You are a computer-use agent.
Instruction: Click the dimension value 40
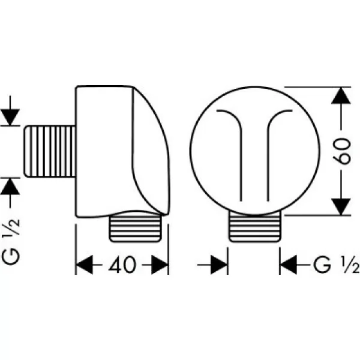[x=122, y=265]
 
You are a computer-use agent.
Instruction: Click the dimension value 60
[x=342, y=151]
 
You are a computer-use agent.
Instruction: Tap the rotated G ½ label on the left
[x=11, y=242]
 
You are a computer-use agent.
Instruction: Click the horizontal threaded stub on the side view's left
[x=50, y=152]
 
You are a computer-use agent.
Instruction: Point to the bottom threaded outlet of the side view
[x=136, y=229]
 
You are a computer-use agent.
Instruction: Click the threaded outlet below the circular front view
[x=254, y=226]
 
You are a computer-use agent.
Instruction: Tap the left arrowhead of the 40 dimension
[x=84, y=265]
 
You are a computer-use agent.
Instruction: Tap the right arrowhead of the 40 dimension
[x=160, y=265]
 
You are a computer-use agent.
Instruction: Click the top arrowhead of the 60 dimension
[x=341, y=96]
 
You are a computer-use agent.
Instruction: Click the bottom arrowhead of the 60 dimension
[x=341, y=206]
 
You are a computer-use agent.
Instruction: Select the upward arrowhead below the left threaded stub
[x=10, y=187]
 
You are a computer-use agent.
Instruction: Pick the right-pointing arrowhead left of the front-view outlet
[x=219, y=265]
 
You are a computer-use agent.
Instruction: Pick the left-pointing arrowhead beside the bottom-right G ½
[x=289, y=265]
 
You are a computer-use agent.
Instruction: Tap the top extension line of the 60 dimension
[x=317, y=87]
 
